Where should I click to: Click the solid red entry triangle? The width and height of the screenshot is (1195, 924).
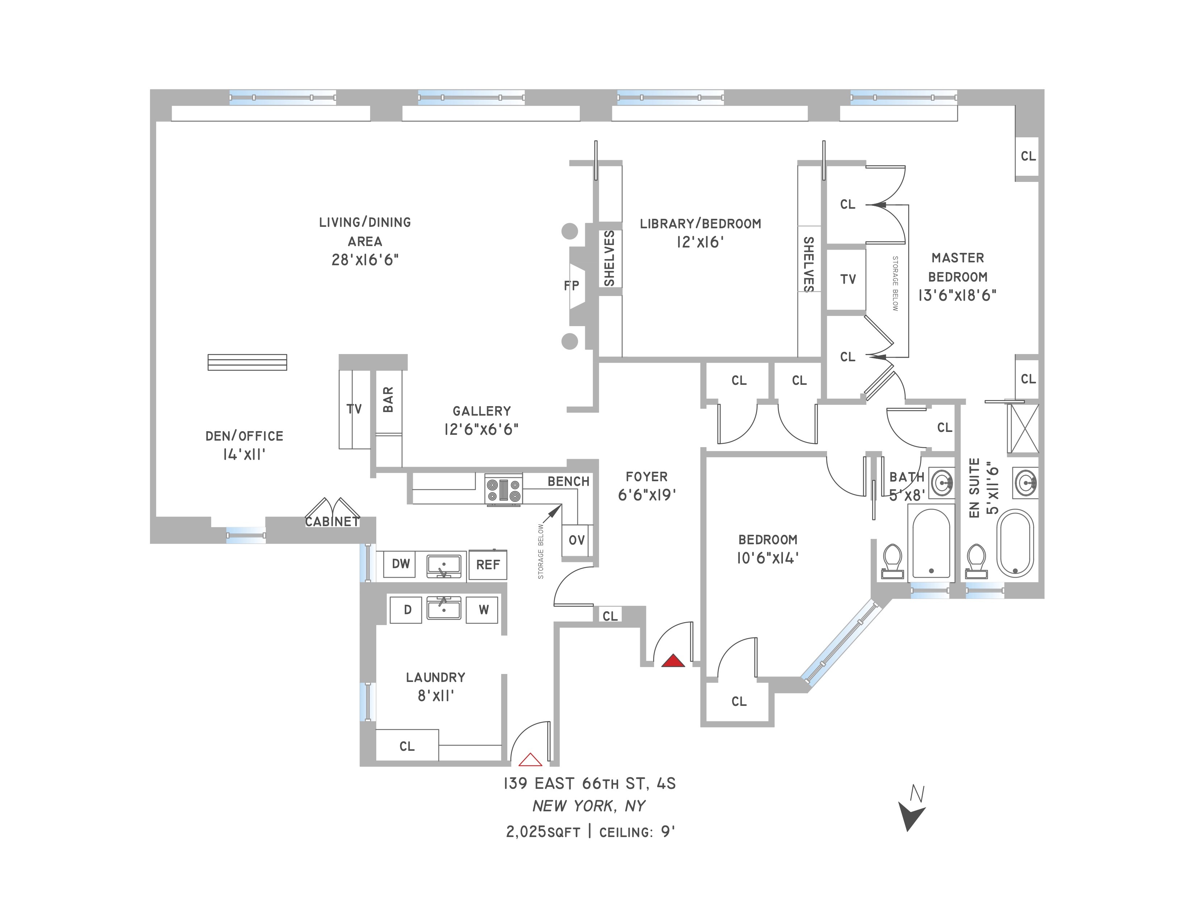[673, 661]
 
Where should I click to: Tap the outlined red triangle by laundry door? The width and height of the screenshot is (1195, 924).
[530, 760]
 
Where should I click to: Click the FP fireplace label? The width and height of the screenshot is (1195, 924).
[571, 286]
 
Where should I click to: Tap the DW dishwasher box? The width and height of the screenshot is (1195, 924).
[401, 564]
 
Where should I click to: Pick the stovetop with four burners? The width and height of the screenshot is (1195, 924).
[503, 490]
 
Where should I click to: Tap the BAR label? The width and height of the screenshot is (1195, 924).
[388, 400]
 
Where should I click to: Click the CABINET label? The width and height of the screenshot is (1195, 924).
[332, 522]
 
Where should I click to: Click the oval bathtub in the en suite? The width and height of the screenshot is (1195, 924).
[1015, 543]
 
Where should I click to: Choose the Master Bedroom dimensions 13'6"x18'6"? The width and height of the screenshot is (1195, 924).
[957, 296]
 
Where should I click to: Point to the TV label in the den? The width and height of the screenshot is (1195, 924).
[354, 409]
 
